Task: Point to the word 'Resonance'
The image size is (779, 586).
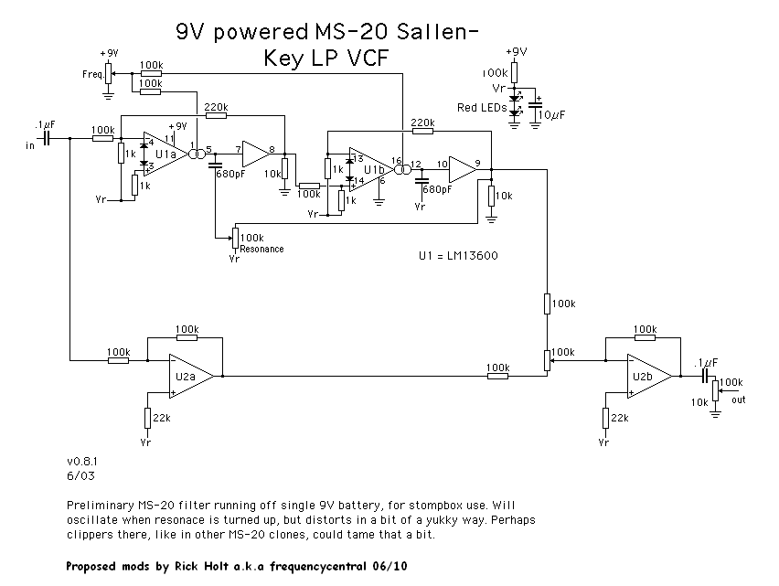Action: coord(263,249)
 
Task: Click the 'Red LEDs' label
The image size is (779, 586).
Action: coord(483,109)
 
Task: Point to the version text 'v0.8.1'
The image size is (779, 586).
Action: coord(83,463)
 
